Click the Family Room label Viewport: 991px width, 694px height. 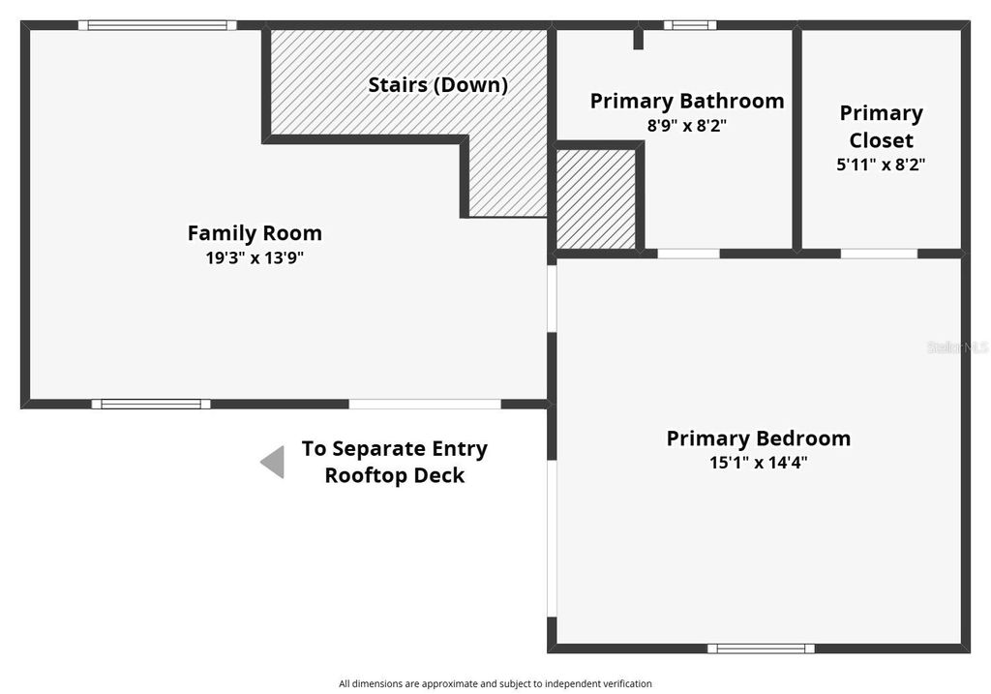click(x=255, y=233)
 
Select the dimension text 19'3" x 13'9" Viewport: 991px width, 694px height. click(x=255, y=257)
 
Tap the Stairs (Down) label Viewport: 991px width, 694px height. click(x=437, y=84)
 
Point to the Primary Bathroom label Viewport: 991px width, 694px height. click(x=687, y=101)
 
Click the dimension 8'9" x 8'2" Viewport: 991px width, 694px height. click(x=687, y=125)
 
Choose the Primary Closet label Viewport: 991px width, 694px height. click(x=881, y=126)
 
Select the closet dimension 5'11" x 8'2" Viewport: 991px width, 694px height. click(x=881, y=165)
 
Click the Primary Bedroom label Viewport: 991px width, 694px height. click(x=759, y=438)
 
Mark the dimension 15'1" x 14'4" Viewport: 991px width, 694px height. click(x=759, y=463)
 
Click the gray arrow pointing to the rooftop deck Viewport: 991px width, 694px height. click(x=273, y=462)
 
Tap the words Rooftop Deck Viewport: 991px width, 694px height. click(x=394, y=475)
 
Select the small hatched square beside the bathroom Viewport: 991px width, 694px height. click(x=596, y=198)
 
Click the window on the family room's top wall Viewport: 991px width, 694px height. click(x=158, y=26)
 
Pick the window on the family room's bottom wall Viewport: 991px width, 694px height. click(x=151, y=404)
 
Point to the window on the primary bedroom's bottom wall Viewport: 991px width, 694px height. click(x=760, y=649)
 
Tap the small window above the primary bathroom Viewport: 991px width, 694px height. click(x=690, y=25)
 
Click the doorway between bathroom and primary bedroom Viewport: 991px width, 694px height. click(x=688, y=254)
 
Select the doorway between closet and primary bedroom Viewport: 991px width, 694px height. click(x=879, y=254)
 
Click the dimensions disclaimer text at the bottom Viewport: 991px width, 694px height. click(x=495, y=683)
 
